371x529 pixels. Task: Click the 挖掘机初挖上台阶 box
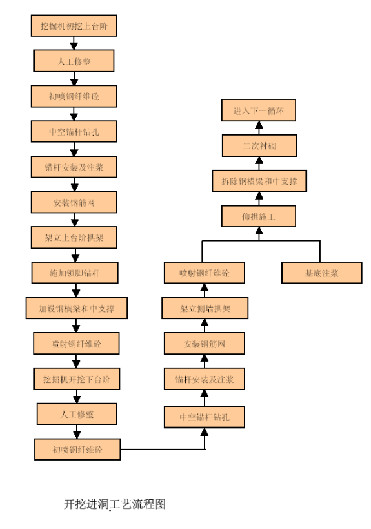(74, 25)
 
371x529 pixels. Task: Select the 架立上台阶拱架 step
(74, 238)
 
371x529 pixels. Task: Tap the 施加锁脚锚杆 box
(75, 273)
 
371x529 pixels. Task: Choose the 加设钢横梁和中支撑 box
(77, 308)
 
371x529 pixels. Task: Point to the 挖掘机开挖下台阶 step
(77, 379)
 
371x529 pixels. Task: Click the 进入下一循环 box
(259, 110)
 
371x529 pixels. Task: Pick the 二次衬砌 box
(259, 145)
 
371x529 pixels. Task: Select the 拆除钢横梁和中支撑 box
(259, 181)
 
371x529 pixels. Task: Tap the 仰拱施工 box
(259, 216)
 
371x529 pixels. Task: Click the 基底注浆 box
(322, 273)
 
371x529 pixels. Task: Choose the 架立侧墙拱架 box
(205, 308)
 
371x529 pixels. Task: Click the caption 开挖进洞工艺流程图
(115, 504)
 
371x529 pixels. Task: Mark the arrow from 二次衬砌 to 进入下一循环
(259, 128)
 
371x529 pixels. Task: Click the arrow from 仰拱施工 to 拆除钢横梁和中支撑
(259, 199)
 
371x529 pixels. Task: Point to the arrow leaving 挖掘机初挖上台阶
(74, 43)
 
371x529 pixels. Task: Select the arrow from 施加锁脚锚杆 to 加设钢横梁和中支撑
(76, 290)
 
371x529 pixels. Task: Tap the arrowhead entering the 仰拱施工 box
(259, 231)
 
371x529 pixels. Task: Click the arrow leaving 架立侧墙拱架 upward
(205, 290)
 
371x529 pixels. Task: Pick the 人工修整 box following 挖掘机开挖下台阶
(77, 413)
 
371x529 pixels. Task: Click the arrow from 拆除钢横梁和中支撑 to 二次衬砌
(259, 163)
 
